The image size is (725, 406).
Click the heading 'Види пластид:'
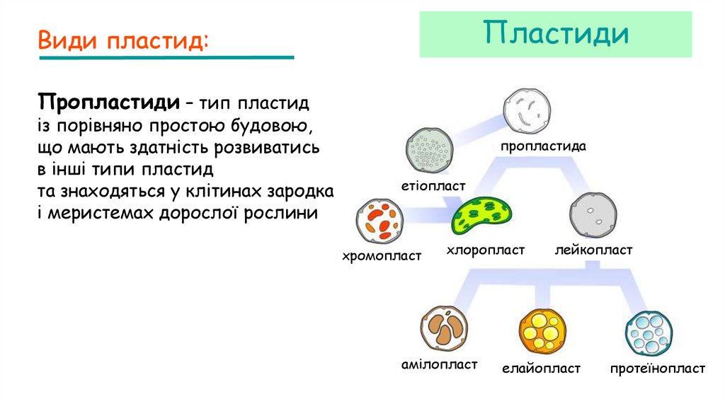click(123, 40)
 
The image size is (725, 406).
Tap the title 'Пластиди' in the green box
click(556, 33)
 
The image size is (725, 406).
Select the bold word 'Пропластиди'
click(108, 103)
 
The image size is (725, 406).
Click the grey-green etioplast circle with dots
click(429, 150)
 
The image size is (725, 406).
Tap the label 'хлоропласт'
click(486, 250)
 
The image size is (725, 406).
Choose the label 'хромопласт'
click(382, 255)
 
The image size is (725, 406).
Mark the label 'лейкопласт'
click(593, 250)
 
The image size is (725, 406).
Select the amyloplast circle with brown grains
click(444, 328)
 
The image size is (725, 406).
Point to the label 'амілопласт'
click(439, 364)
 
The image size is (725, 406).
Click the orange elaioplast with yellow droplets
click(542, 330)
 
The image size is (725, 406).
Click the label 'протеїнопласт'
click(658, 369)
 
